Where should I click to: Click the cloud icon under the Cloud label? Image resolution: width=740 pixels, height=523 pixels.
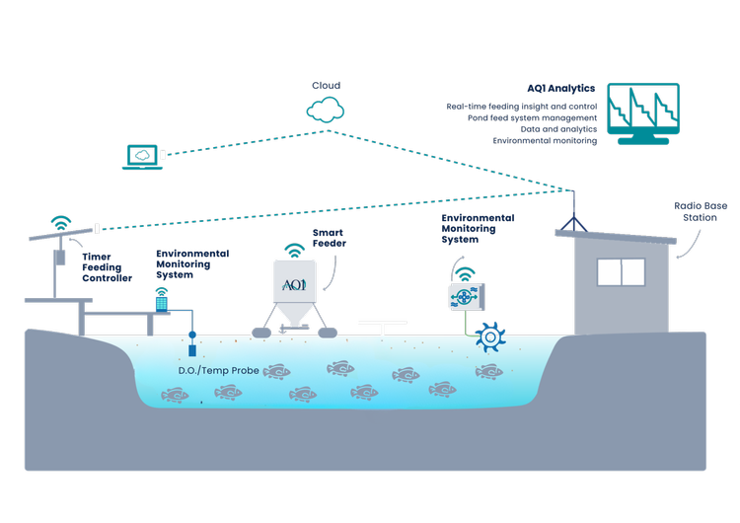tap(326, 111)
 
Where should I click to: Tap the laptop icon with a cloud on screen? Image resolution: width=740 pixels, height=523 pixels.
tap(142, 157)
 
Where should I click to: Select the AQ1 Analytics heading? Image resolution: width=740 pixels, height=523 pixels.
tap(561, 88)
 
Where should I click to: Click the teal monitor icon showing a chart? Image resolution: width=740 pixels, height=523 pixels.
tap(643, 113)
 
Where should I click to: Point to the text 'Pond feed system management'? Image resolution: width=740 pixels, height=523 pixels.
tap(533, 118)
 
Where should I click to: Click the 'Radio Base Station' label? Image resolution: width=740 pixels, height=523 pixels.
tap(701, 211)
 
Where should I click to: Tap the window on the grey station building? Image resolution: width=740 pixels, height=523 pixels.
tap(621, 272)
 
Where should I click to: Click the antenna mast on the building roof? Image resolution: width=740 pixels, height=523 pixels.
tap(574, 211)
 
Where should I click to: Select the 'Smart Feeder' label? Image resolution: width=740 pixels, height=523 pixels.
tap(330, 238)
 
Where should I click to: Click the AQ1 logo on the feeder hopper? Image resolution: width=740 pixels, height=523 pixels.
tap(294, 284)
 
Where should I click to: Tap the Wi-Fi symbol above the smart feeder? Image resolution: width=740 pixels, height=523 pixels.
tap(294, 251)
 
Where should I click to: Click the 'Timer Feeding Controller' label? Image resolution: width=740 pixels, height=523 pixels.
tap(108, 267)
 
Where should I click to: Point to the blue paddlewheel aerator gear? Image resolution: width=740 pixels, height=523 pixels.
tap(490, 337)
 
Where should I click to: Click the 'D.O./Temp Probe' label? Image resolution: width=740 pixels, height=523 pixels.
tap(218, 370)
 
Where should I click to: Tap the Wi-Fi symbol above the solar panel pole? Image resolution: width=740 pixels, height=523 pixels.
tap(61, 222)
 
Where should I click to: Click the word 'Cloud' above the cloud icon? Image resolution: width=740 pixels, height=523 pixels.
tap(327, 86)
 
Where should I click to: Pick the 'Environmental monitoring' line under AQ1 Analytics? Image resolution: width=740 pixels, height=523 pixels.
tap(545, 141)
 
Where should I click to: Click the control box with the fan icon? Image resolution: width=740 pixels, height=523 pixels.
tap(467, 296)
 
